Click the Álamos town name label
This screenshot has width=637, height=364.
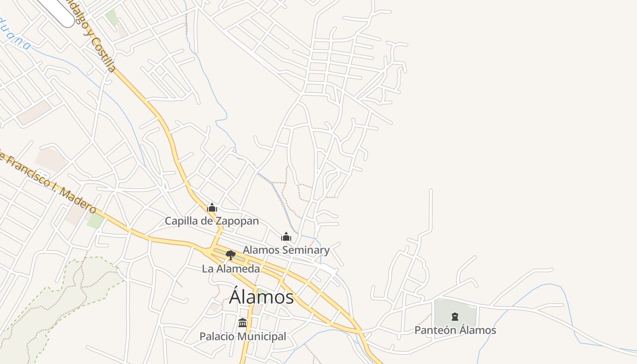[x=261, y=297]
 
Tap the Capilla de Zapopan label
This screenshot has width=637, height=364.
[x=212, y=221]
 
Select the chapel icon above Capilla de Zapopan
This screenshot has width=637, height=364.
[x=212, y=208]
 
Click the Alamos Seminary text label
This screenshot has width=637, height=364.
[x=286, y=250]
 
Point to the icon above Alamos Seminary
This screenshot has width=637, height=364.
[x=286, y=237]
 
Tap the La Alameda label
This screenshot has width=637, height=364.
[x=231, y=268]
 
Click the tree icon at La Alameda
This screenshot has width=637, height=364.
[x=231, y=255]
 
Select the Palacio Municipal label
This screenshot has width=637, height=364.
[x=243, y=337]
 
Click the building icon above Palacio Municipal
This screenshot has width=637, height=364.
[x=243, y=323]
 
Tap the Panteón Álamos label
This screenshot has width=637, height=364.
[x=455, y=330]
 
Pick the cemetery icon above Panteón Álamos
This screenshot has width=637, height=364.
[x=455, y=317]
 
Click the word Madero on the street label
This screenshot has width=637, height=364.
[x=78, y=200]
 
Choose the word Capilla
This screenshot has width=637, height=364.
[x=180, y=221]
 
